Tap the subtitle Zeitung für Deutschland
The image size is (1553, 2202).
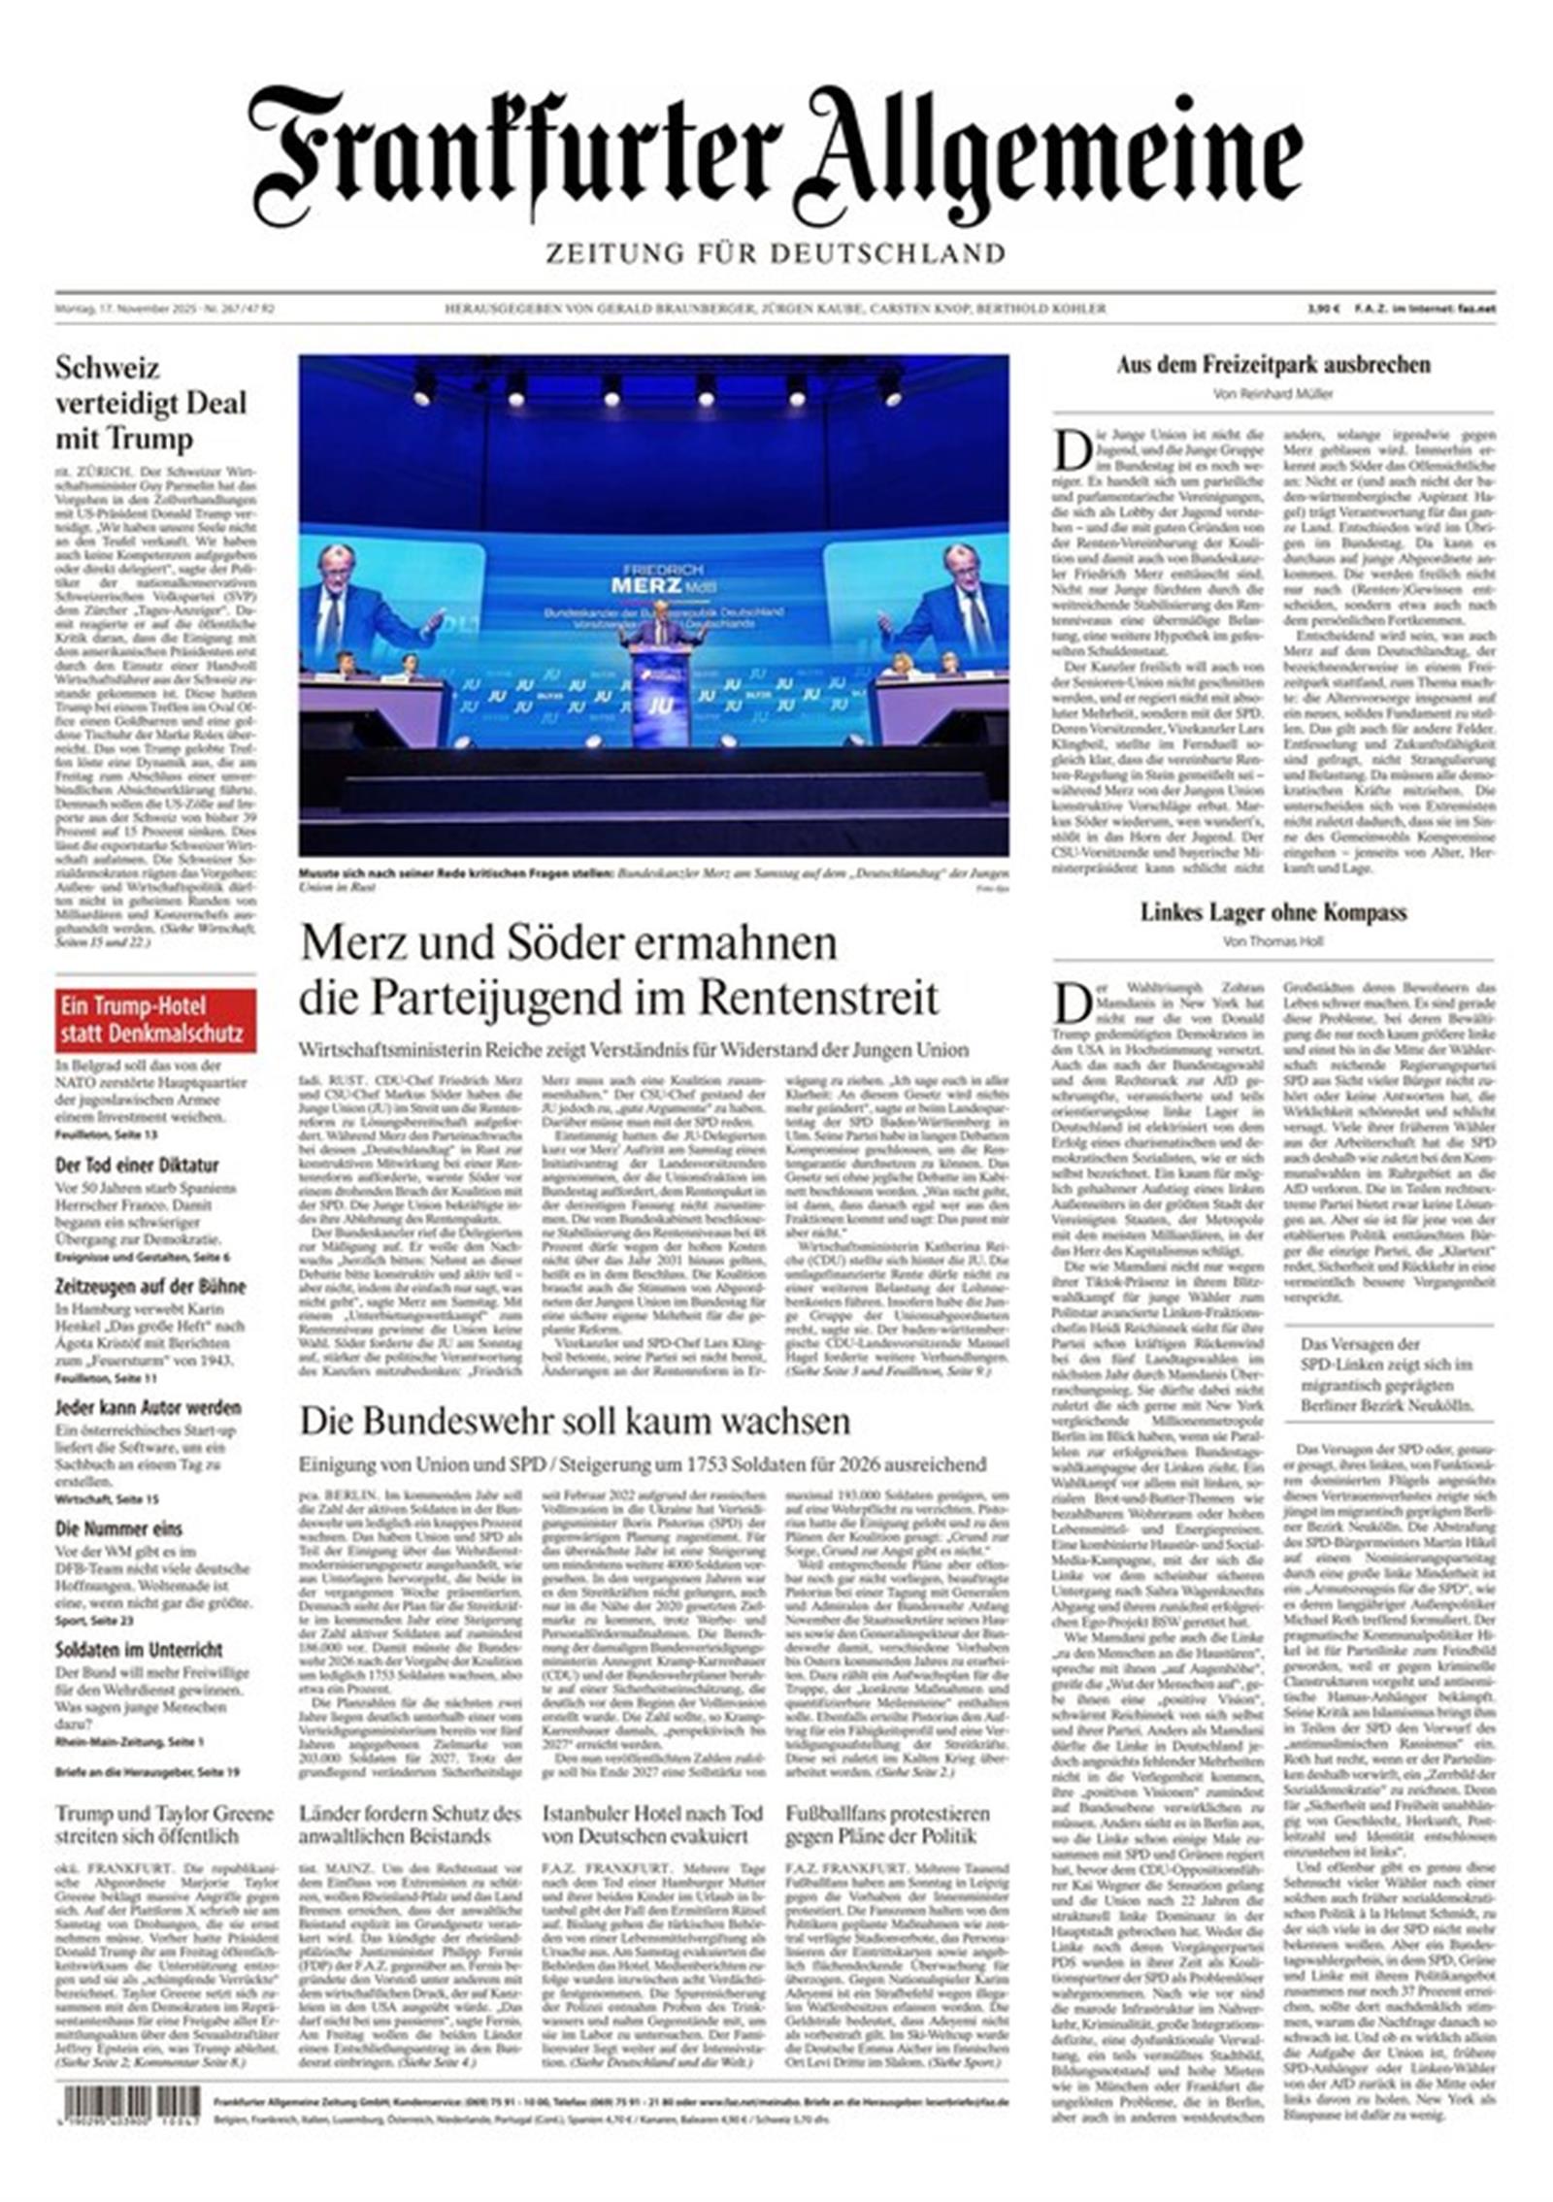(775, 254)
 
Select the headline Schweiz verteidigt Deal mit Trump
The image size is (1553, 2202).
(151, 403)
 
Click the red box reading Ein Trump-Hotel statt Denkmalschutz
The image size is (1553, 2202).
(155, 1020)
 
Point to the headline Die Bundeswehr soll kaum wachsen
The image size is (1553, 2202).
(575, 1421)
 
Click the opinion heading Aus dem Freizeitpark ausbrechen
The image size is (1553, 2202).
(1272, 366)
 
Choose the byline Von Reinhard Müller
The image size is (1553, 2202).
(1272, 394)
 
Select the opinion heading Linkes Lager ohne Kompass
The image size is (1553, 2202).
(1272, 912)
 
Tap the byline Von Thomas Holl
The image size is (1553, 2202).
(1272, 941)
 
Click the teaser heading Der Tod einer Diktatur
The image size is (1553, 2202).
(137, 1165)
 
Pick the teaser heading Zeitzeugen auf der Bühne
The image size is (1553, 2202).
(150, 1287)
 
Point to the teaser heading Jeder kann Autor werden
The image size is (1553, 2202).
(149, 1407)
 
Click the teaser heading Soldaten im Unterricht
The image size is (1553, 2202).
(139, 1649)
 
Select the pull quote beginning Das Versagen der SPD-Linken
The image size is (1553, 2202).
(1387, 1374)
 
